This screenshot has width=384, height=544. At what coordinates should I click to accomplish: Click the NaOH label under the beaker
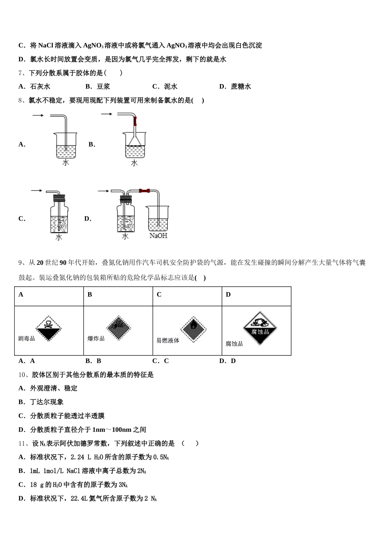click(158, 236)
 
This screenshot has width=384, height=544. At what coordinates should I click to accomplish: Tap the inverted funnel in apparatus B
click(135, 140)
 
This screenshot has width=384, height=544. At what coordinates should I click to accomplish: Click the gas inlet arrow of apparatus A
click(38, 116)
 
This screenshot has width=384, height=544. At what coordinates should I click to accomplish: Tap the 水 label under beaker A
click(65, 162)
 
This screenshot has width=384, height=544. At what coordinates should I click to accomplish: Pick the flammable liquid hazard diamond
click(193, 327)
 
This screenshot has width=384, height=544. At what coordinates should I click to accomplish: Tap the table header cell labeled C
click(159, 295)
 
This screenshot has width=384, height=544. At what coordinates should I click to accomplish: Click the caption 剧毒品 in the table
click(27, 338)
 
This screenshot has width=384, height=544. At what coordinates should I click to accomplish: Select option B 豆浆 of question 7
click(98, 86)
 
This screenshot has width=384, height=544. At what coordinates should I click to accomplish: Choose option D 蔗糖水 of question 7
click(235, 86)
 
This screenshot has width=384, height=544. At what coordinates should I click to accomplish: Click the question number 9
click(21, 263)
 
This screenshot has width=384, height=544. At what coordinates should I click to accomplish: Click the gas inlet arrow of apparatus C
click(36, 190)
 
